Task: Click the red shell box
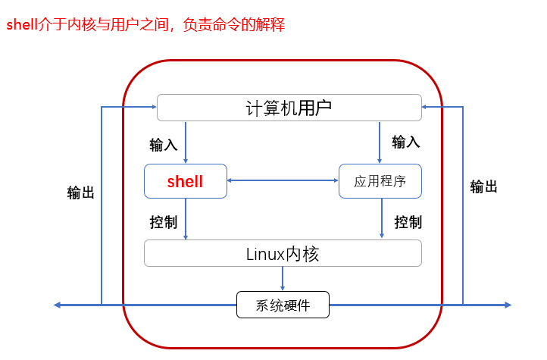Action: [186, 181]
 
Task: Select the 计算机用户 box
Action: [289, 108]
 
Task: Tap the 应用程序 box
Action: [380, 181]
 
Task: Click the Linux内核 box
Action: [283, 253]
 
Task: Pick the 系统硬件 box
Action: [283, 305]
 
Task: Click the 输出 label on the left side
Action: [81, 193]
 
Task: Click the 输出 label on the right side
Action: [483, 186]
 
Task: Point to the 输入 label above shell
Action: [164, 144]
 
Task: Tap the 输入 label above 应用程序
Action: [405, 142]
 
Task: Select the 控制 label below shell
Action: [164, 222]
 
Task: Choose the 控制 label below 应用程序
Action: [408, 222]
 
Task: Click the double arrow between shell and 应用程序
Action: [283, 180]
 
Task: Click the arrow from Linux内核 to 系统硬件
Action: [283, 278]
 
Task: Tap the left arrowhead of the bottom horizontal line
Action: [58, 305]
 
